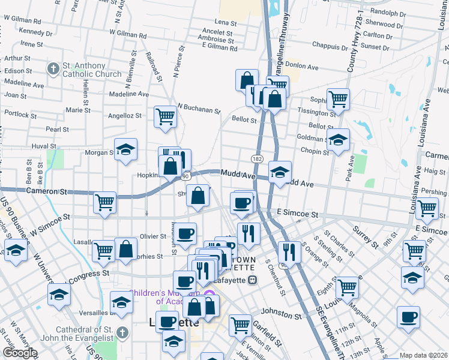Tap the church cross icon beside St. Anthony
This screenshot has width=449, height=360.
pos(53,69)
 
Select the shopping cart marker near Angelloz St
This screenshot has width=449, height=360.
pos(165,116)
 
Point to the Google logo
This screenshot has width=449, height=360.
pos(19,353)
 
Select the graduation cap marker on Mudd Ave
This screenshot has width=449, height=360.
pos(280,172)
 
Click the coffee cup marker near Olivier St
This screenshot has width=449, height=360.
pos(185,233)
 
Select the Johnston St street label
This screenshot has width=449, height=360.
pos(282,314)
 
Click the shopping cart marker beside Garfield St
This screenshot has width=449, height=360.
pos(240,325)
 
